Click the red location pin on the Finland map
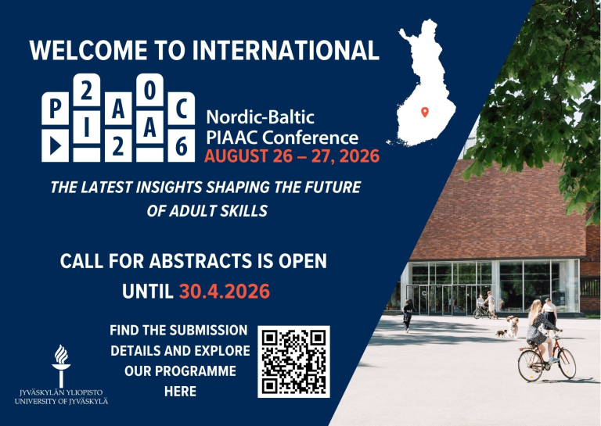[425, 112]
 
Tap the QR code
[293, 361]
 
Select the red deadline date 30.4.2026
[225, 292]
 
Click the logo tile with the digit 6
[181, 145]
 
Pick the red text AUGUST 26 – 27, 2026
[292, 156]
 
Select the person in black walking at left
[408, 316]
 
